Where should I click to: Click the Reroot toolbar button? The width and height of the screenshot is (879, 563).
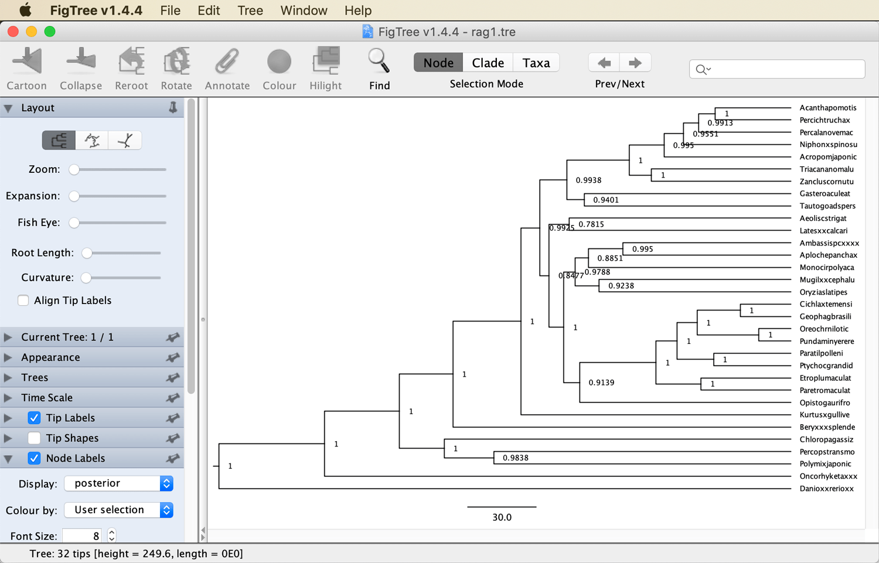pyautogui.click(x=131, y=69)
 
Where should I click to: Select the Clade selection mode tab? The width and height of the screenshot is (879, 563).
pyautogui.click(x=488, y=63)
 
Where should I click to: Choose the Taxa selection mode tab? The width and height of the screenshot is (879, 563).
pyautogui.click(x=536, y=63)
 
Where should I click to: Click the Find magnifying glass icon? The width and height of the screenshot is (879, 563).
pyautogui.click(x=379, y=61)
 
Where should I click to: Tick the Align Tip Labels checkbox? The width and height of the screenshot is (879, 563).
pyautogui.click(x=23, y=301)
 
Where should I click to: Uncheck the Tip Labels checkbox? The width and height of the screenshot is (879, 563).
pyautogui.click(x=34, y=418)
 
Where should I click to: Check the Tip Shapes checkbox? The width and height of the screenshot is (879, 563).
pyautogui.click(x=34, y=438)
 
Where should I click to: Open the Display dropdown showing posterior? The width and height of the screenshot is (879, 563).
pyautogui.click(x=118, y=483)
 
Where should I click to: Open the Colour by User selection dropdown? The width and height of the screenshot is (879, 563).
pyautogui.click(x=118, y=510)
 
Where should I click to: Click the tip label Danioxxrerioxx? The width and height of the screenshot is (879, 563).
pyautogui.click(x=826, y=489)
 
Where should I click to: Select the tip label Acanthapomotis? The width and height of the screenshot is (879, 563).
pyautogui.click(x=828, y=107)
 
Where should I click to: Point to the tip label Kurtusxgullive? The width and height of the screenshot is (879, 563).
pyautogui.click(x=825, y=415)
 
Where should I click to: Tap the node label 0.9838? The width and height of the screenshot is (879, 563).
pyautogui.click(x=515, y=458)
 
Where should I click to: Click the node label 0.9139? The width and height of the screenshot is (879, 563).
pyautogui.click(x=601, y=383)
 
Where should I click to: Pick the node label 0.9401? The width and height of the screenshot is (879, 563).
pyautogui.click(x=605, y=200)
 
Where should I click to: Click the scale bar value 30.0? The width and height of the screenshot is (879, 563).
pyautogui.click(x=502, y=517)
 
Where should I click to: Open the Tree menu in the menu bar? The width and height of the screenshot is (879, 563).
pyautogui.click(x=250, y=10)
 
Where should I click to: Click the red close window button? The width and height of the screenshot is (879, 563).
pyautogui.click(x=13, y=32)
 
